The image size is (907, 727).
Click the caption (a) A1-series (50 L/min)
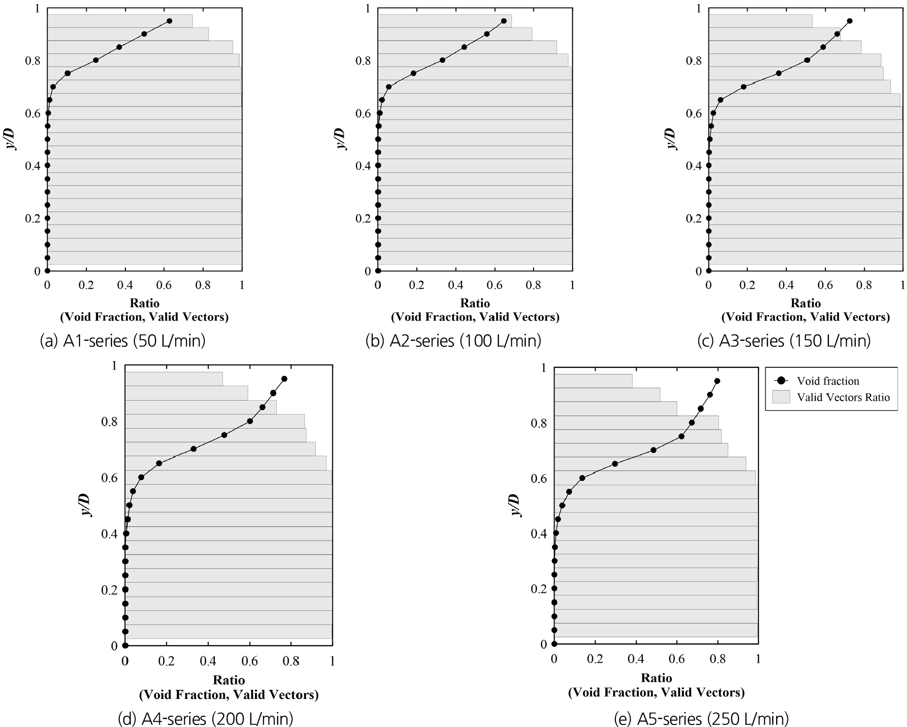point(122,340)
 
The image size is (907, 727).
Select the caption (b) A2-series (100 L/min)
point(453,340)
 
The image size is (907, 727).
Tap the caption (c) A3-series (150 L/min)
point(783,340)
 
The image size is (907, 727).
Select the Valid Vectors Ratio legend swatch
point(781,397)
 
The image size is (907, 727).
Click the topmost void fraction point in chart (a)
point(169,21)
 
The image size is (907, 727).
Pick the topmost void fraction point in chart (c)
point(850,21)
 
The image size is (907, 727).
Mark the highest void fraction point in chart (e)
point(717,381)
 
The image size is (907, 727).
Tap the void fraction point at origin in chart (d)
point(125,646)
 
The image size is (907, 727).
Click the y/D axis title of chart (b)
point(341,139)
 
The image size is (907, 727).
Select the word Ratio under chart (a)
point(145,303)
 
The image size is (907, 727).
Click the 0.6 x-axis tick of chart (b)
point(495,285)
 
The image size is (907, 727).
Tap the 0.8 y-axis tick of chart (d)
point(109,422)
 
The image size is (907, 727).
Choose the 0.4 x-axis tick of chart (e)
point(636,659)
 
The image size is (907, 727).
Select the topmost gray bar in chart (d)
point(174,379)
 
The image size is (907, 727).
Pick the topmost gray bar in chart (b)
point(444,21)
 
